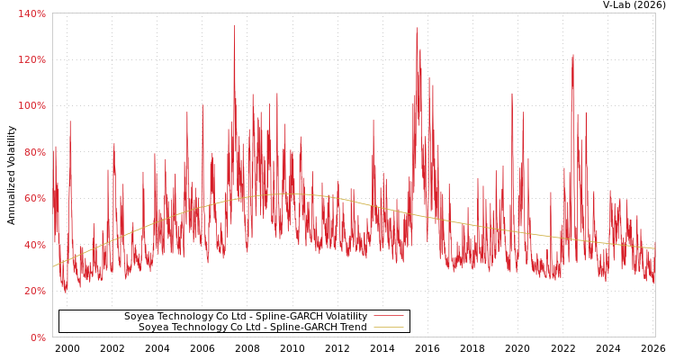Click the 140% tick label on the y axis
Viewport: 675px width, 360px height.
pos(32,13)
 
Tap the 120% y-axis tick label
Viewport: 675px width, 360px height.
pos(32,59)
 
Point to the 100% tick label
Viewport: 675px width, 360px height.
pos(32,105)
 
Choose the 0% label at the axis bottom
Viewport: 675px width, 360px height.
pos(38,337)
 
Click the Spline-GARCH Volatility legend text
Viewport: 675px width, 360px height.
pos(246,317)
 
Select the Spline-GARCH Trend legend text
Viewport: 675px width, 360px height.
pos(253,328)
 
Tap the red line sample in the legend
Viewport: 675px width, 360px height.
pos(388,317)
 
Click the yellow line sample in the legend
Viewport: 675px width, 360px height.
pos(388,328)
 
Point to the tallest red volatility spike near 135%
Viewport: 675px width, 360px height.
pos(234,25)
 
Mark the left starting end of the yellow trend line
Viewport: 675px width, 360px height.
pos(53,266)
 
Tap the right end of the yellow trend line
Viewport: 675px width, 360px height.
pos(654,248)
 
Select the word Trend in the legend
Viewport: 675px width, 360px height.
pos(352,328)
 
